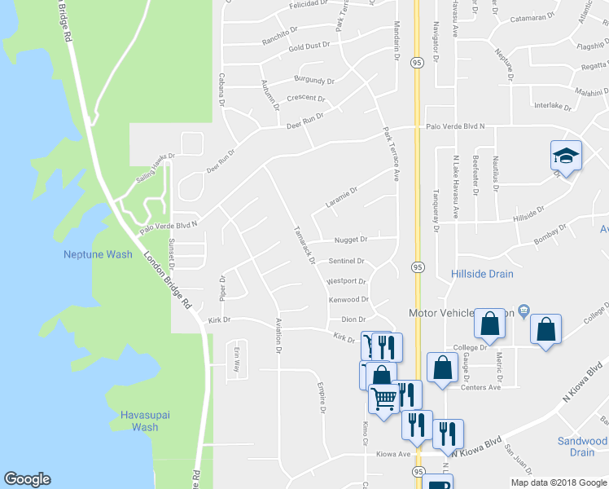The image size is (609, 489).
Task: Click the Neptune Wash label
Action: click(98, 254)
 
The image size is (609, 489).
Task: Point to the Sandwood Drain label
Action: click(582, 447)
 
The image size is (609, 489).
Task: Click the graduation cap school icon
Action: click(566, 156)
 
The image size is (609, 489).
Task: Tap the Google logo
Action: click(27, 479)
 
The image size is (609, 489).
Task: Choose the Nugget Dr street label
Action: click(352, 240)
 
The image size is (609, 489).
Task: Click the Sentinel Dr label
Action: click(346, 261)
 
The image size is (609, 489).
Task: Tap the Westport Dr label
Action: click(347, 281)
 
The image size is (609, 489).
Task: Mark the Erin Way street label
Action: click(238, 355)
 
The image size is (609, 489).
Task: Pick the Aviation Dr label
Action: click(278, 335)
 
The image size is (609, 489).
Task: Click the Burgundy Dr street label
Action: click(314, 81)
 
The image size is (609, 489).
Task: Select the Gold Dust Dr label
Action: click(309, 46)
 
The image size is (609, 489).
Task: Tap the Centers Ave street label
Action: click(480, 387)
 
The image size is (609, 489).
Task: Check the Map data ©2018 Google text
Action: click(558, 482)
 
